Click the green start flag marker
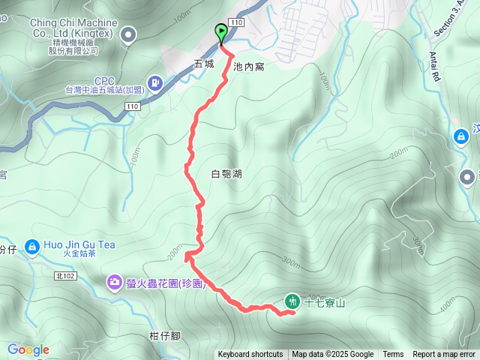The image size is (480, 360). (221, 32)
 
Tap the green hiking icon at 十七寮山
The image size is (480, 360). (292, 301)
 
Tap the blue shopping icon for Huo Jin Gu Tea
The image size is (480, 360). (31, 246)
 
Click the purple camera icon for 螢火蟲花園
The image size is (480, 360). (114, 282)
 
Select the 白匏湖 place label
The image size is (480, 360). (226, 174)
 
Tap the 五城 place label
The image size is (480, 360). (205, 64)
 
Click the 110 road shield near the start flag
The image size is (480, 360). (237, 24)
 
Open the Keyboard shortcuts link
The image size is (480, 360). (250, 355)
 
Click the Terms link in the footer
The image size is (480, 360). (393, 355)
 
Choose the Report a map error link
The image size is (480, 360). (445, 355)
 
